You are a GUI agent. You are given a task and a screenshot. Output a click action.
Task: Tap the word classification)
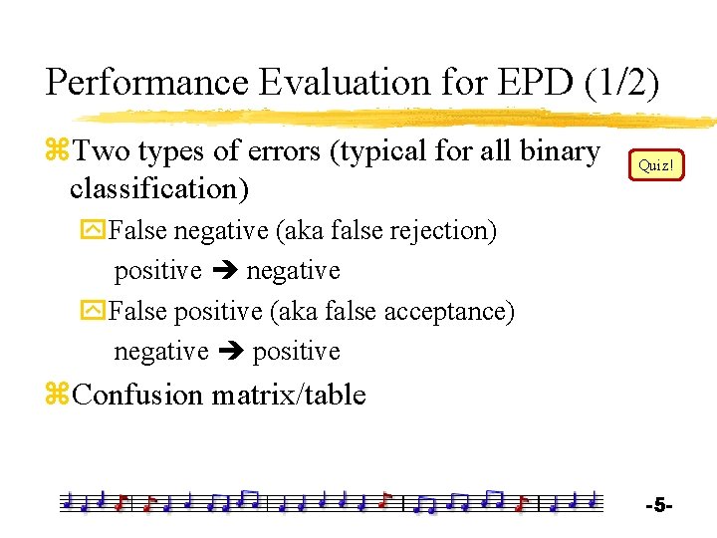tap(159, 187)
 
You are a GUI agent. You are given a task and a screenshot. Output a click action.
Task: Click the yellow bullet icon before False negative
tap(96, 231)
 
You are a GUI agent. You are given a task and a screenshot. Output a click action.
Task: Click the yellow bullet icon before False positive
tap(96, 312)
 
